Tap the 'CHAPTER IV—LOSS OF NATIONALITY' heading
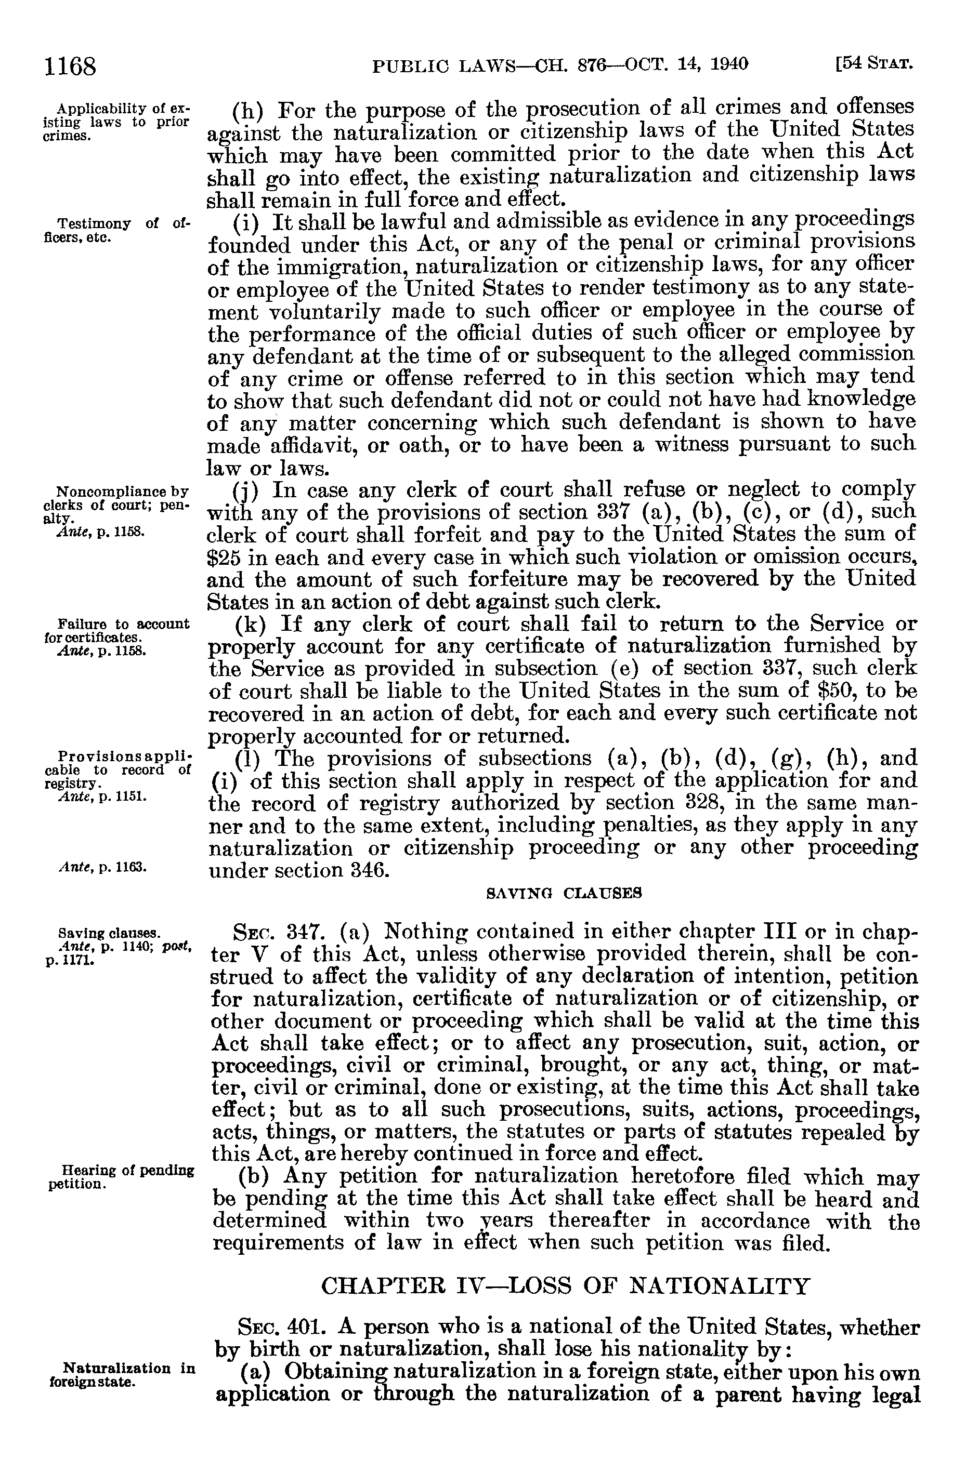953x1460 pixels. click(x=565, y=1286)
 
